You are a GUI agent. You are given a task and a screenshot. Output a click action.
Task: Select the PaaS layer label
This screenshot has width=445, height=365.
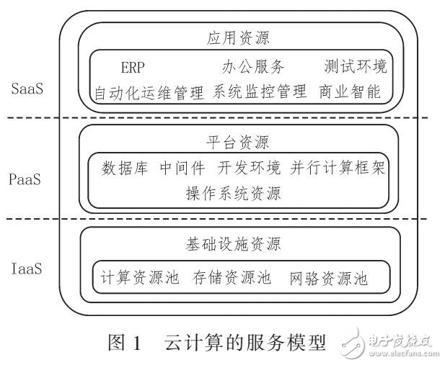tap(30, 178)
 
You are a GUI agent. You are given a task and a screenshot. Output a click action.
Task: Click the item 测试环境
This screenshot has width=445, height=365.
tap(355, 68)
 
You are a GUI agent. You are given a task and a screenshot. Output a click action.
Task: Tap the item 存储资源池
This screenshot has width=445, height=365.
tap(233, 277)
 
